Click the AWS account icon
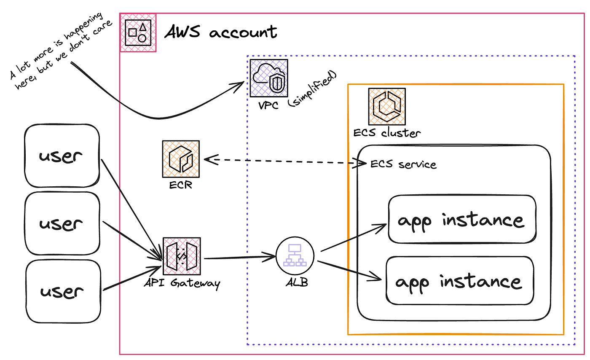click(x=138, y=33)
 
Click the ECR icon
click(x=181, y=159)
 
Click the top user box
click(x=62, y=156)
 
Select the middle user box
click(x=62, y=223)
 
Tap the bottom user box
click(x=63, y=291)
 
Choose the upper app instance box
click(x=462, y=219)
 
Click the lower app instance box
click(x=460, y=281)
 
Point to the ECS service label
click(x=403, y=164)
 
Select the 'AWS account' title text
click(x=221, y=32)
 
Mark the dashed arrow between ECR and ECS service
click(x=282, y=161)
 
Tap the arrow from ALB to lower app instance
click(x=350, y=270)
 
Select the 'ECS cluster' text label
click(x=387, y=133)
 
